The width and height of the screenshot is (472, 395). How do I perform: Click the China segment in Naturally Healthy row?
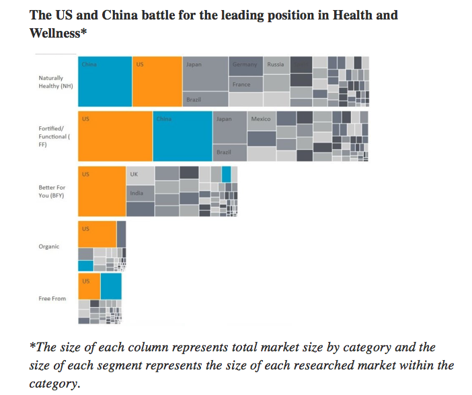point(105,82)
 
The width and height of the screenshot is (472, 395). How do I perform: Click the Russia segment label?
point(276,65)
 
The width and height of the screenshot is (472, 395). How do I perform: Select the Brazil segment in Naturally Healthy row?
point(205,99)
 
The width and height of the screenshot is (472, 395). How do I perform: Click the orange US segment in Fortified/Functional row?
point(115,136)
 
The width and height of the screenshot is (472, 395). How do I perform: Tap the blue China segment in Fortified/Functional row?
point(182,136)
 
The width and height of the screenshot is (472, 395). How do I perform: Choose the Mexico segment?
point(261,120)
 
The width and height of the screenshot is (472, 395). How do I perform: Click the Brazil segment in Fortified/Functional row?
point(229,152)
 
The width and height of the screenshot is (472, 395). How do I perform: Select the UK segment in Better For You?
point(140,175)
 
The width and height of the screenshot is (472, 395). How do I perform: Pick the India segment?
point(140,193)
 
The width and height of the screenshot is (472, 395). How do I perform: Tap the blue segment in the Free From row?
point(111,286)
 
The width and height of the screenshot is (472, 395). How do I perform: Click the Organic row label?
point(49,247)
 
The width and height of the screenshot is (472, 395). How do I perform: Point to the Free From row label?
point(52,298)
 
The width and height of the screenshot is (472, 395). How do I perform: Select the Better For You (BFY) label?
point(52,191)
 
